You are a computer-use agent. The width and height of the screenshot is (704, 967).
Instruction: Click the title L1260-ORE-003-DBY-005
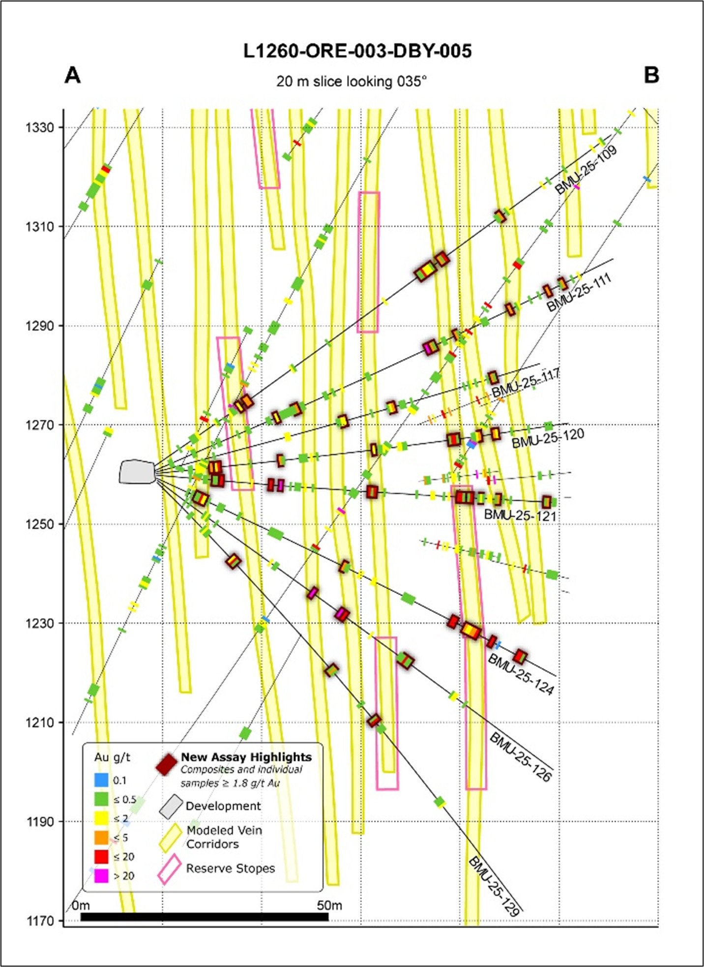(357, 51)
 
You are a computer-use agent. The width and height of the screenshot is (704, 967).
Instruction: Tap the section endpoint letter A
(72, 76)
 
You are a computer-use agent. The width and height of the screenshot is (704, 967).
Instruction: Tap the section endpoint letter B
(651, 75)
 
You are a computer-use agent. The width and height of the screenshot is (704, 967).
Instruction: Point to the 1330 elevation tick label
(40, 128)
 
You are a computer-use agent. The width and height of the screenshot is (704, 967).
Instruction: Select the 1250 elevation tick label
(40, 524)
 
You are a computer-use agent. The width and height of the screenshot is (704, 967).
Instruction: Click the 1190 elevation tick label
(40, 821)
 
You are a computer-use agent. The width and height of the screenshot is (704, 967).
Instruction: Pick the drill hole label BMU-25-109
(586, 170)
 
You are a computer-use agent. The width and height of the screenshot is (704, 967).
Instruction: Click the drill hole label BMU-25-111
(579, 293)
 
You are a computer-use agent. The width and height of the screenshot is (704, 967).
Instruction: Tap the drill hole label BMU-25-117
(526, 383)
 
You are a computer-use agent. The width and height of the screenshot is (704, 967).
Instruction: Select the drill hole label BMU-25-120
(548, 438)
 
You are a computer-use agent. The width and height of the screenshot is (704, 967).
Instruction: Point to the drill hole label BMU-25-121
(520, 515)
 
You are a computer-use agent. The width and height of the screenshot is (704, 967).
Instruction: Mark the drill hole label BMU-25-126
(521, 757)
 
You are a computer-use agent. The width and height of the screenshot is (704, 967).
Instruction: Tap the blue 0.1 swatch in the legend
(101, 780)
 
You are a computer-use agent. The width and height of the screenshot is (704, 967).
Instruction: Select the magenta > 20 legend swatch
(101, 876)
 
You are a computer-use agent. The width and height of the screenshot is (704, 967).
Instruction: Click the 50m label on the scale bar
(329, 905)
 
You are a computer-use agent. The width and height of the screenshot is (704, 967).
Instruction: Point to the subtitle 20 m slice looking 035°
(351, 81)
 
